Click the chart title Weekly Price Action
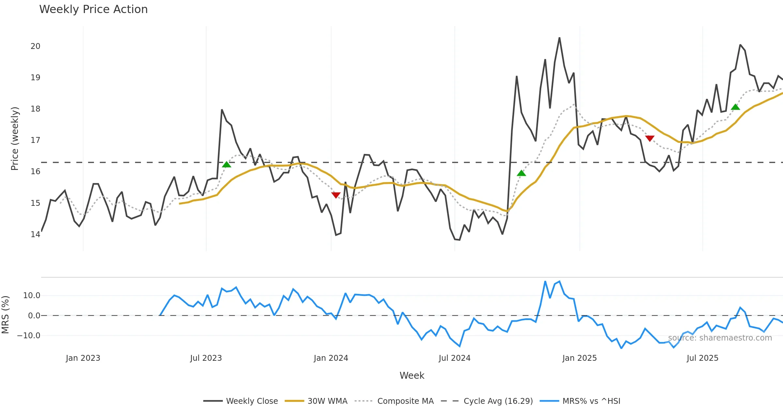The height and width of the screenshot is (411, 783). [x=93, y=9]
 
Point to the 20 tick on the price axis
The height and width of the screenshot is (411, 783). [x=36, y=46]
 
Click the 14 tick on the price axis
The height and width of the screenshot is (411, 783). [x=36, y=234]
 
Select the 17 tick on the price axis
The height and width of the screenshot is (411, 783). [x=36, y=140]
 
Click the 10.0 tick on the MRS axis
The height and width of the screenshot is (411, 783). [x=32, y=296]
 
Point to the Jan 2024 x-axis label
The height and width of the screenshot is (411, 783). [x=331, y=358]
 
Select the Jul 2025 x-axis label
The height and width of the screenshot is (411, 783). [x=702, y=358]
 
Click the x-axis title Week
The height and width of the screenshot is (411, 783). [x=412, y=375]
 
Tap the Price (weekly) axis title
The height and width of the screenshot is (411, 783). [x=15, y=139]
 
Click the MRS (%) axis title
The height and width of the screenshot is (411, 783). [x=6, y=314]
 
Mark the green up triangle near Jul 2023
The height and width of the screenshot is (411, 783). [x=226, y=164]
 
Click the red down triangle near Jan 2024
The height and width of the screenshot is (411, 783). [x=336, y=195]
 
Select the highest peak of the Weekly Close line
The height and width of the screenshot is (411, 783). [x=559, y=38]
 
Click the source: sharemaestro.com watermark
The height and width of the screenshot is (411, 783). [x=720, y=338]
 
